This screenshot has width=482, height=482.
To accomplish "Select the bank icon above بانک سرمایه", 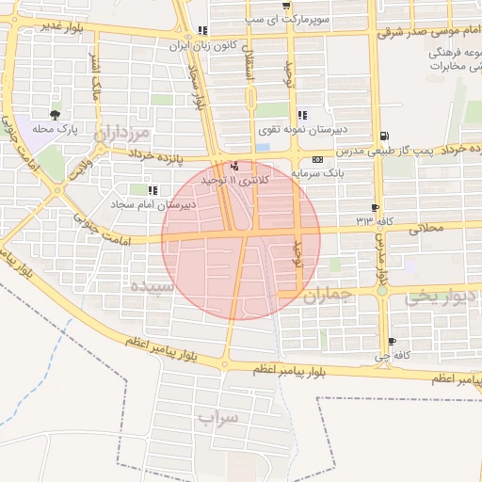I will [x=316, y=159].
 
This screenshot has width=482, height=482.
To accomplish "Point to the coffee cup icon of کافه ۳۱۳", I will [x=377, y=208].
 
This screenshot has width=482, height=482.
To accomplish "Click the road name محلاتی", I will [x=421, y=228].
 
